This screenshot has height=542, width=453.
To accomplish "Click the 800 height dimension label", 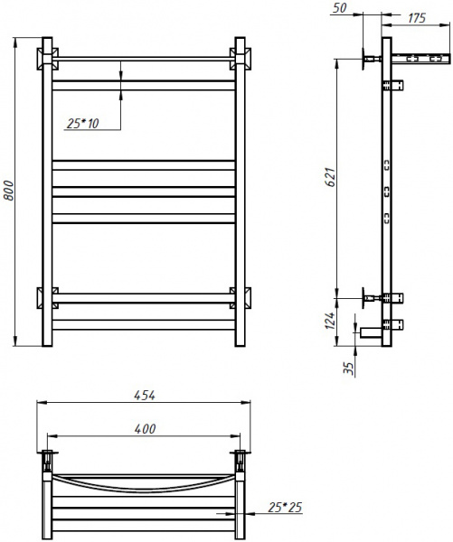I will pyautogui.click(x=8, y=192).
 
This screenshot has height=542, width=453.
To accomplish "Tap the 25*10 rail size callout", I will pyautogui.click(x=83, y=123).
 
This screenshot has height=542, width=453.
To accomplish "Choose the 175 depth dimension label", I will pyautogui.click(x=417, y=18).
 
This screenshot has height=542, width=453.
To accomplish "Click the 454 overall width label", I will pyautogui.click(x=144, y=395).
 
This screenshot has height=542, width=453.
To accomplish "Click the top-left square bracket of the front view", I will pyautogui.click(x=45, y=60).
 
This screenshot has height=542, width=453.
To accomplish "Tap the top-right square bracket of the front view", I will pyautogui.click(x=241, y=60).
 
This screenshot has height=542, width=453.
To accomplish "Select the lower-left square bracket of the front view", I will pyautogui.click(x=45, y=297).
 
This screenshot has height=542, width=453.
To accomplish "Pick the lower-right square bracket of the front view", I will pyautogui.click(x=241, y=297).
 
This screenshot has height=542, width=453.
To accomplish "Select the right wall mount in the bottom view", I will pyautogui.click(x=241, y=455).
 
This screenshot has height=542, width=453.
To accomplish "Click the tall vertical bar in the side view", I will pyautogui.click(x=387, y=181).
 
